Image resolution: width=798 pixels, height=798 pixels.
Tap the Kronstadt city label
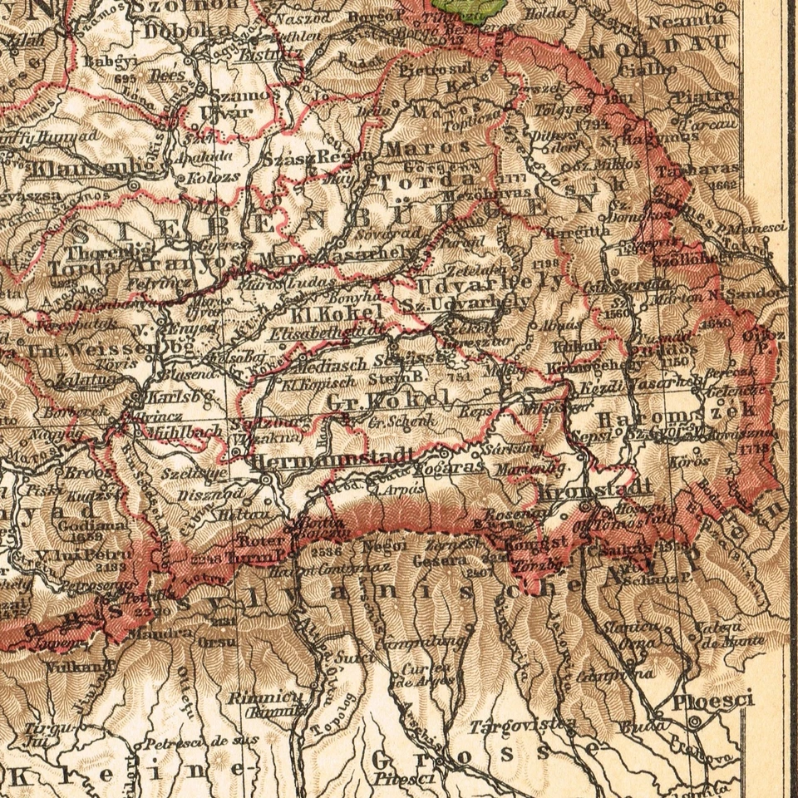pyautogui.click(x=594, y=490)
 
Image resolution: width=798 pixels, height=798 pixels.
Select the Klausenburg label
pyautogui.click(x=79, y=166)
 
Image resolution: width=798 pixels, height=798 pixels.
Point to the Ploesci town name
pyautogui.click(x=712, y=700)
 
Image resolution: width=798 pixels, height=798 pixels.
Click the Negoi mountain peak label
pyautogui.click(x=384, y=546)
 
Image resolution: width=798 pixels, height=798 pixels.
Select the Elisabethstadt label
pyautogui.click(x=323, y=334)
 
